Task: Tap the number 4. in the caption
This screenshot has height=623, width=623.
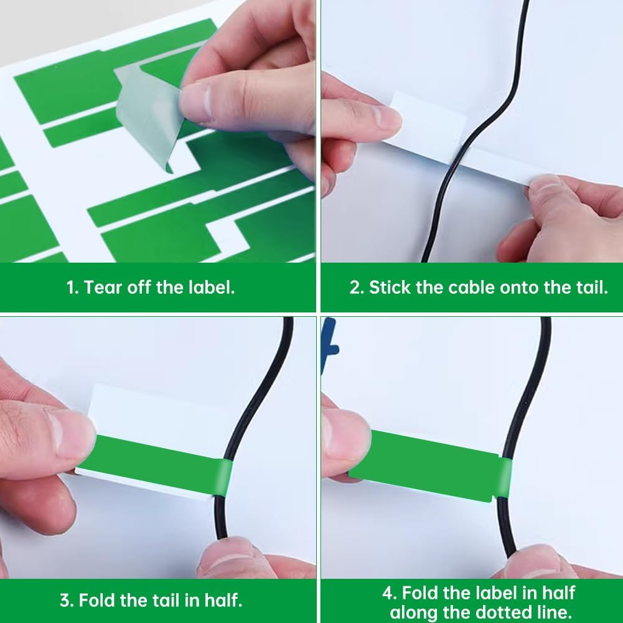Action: [x=390, y=592]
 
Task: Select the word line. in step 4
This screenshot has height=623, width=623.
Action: [x=551, y=612]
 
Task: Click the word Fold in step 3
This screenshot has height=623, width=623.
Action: [x=100, y=601]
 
